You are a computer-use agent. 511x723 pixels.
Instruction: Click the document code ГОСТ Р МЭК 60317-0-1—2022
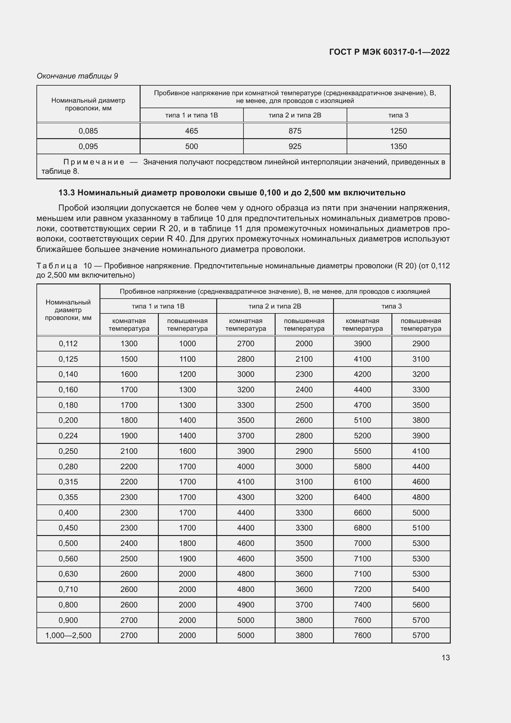point(389,52)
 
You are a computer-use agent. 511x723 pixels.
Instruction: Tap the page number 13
point(446,657)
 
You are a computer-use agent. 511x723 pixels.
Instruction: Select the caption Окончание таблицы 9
point(77,76)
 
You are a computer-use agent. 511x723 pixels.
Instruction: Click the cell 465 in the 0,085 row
point(191,131)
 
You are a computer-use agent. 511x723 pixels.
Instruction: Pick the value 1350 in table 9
point(398,147)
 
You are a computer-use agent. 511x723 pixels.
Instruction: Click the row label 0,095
point(88,147)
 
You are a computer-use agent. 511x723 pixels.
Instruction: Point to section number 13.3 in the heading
point(67,193)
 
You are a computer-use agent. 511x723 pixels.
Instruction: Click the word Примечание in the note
point(94,162)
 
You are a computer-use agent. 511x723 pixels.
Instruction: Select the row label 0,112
point(68,343)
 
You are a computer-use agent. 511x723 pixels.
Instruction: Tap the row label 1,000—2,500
point(68,635)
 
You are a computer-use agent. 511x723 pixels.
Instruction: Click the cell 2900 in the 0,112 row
point(421,343)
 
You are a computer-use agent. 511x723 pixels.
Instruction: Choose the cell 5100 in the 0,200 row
point(362,420)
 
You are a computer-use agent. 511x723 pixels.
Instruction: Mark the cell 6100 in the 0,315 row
point(362,482)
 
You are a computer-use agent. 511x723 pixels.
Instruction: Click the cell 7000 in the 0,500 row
point(362,543)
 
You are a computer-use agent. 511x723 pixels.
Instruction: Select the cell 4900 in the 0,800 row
point(245,605)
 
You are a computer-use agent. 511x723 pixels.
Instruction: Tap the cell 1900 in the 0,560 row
point(187,559)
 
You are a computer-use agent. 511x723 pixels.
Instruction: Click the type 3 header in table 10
point(391,306)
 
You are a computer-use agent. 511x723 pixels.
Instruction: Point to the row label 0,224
point(68,436)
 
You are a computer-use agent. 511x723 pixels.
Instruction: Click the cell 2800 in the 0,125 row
point(245,359)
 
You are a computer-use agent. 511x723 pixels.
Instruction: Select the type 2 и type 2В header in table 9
point(295,115)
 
